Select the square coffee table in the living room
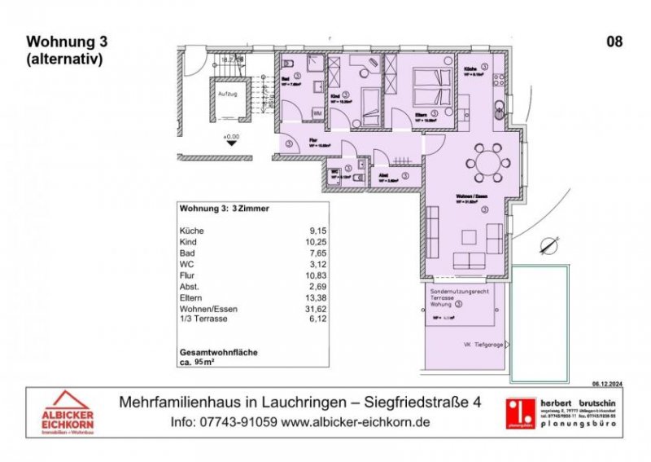(470, 236)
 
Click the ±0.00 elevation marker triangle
(232, 141)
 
